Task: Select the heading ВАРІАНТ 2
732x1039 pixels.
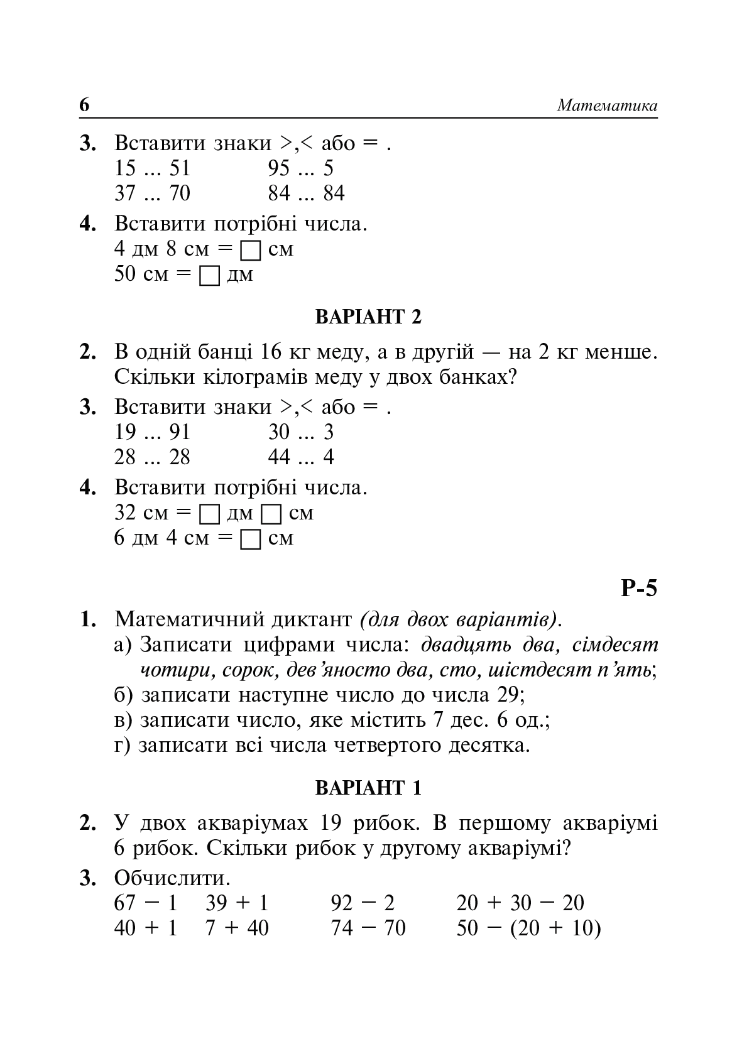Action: (x=368, y=317)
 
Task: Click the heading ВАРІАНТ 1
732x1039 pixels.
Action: (x=368, y=788)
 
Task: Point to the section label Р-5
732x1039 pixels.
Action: (x=638, y=589)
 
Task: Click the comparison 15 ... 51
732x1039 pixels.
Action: (x=152, y=168)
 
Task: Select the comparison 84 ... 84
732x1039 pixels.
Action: (x=306, y=193)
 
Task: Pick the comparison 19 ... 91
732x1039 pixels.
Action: (x=152, y=432)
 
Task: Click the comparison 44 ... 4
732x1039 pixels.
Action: (x=301, y=457)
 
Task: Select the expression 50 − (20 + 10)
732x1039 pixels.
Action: (x=528, y=928)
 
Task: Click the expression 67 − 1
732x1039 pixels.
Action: (x=146, y=903)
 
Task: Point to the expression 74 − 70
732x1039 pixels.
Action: (x=368, y=928)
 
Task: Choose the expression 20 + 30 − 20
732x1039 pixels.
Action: (x=520, y=903)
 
